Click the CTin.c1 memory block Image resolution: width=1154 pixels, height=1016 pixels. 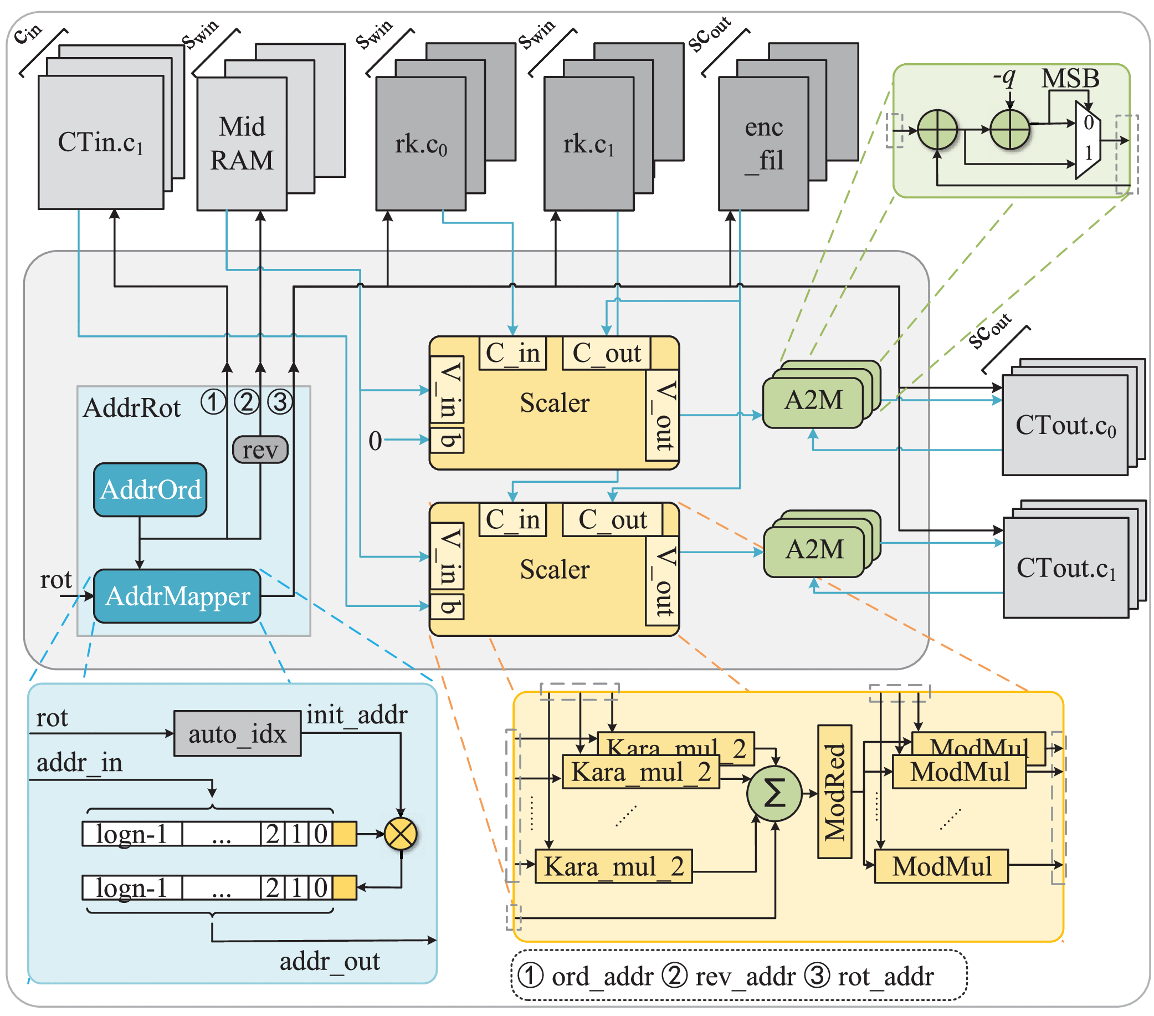click(100, 142)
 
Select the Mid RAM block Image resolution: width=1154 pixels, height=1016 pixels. click(241, 144)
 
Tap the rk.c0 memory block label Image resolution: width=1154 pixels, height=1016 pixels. click(420, 145)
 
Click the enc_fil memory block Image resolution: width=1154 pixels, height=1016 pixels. click(763, 144)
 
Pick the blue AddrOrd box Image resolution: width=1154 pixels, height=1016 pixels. click(150, 489)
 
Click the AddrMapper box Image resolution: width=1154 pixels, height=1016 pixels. click(177, 596)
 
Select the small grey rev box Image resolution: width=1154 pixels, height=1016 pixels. click(260, 450)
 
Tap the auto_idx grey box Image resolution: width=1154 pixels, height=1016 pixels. click(237, 734)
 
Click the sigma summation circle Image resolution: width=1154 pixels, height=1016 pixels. click(773, 794)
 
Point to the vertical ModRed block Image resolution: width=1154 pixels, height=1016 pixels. click(834, 792)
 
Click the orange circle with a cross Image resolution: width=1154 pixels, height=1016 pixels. click(401, 834)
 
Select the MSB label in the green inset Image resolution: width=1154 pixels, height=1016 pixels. click(1070, 78)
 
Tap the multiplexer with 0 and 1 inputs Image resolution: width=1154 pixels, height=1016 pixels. click(1088, 140)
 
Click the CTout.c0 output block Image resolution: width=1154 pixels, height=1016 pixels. click(1065, 425)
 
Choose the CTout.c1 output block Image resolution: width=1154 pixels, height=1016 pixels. click(1065, 568)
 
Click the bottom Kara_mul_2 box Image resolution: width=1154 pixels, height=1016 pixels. click(613, 866)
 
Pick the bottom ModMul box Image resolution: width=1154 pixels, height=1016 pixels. click(941, 866)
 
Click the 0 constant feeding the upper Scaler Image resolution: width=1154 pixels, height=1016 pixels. click(375, 441)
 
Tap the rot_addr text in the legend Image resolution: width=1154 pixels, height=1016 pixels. click(885, 977)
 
